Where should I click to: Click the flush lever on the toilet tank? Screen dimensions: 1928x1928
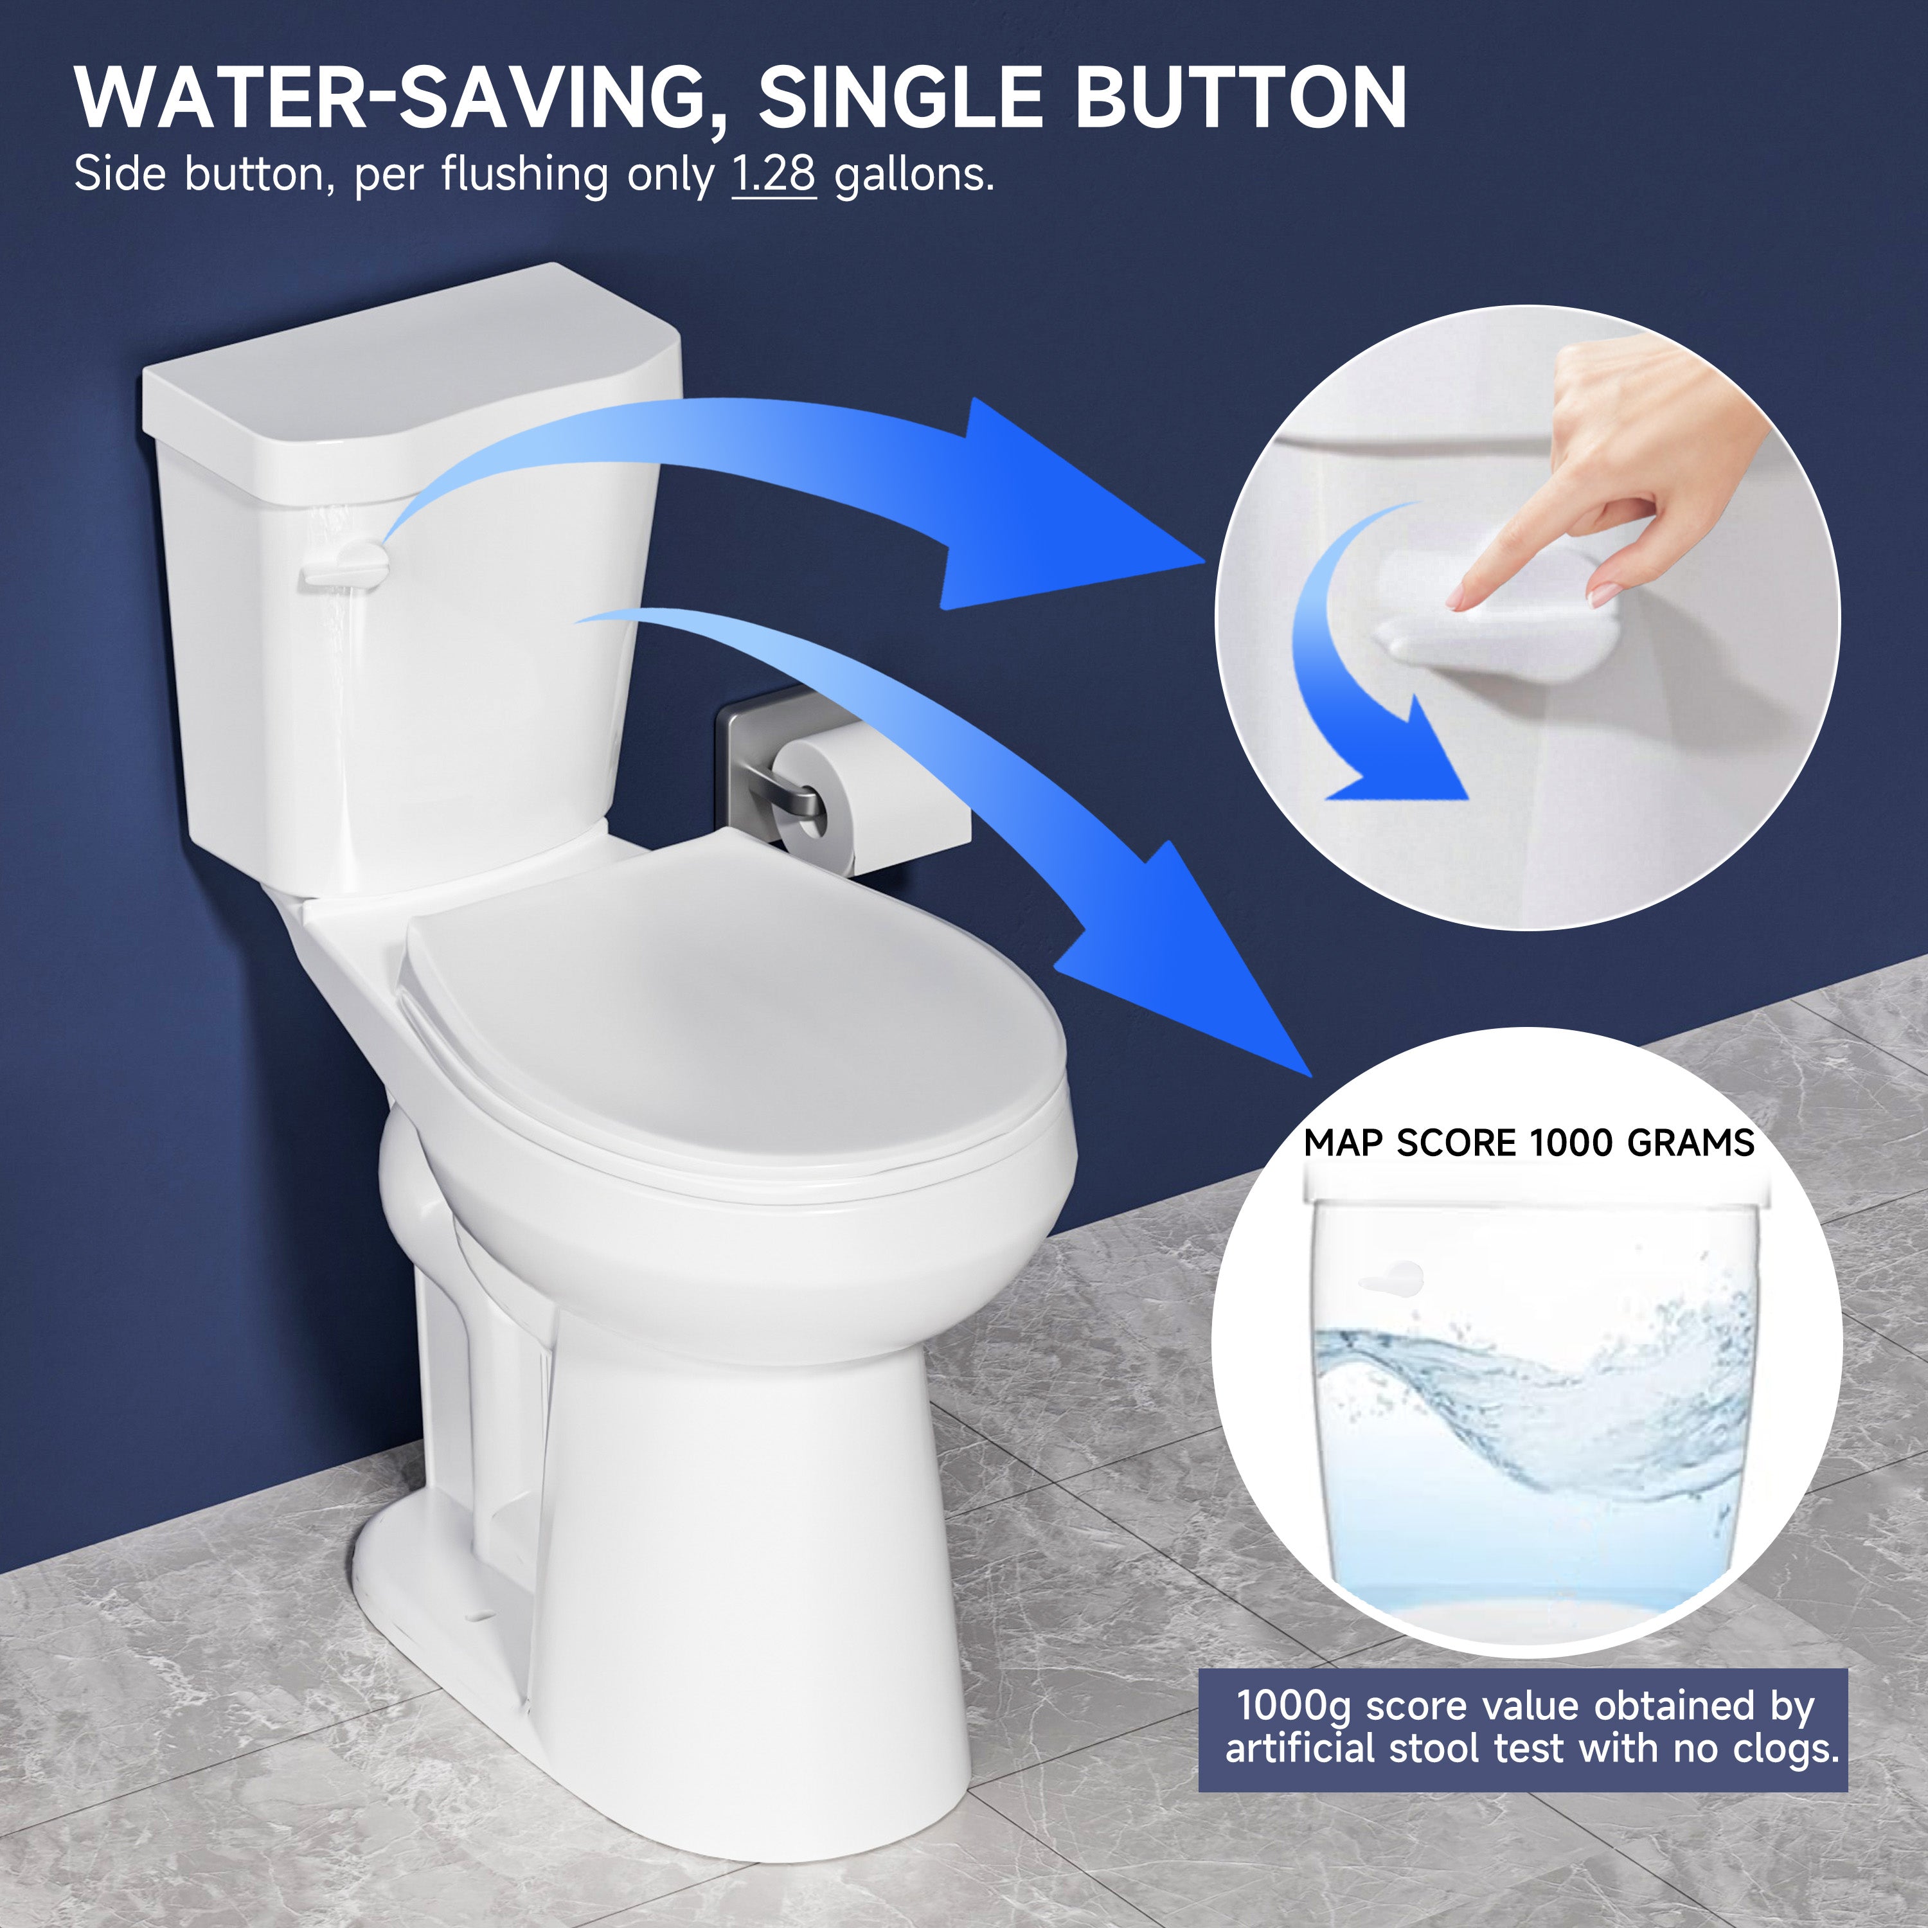[344, 567]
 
